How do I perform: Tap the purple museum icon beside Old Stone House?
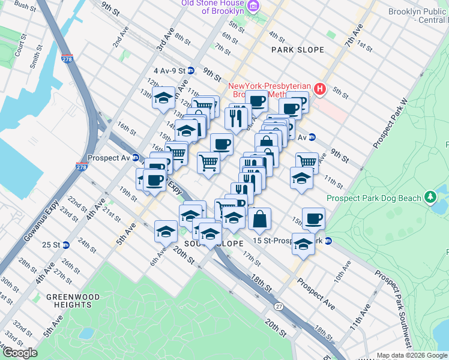(x=253, y=6)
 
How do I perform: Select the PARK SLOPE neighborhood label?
(x=297, y=49)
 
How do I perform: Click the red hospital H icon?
(x=319, y=89)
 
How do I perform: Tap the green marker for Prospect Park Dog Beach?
(x=430, y=197)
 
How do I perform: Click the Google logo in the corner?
(x=20, y=353)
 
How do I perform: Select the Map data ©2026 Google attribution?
(x=411, y=355)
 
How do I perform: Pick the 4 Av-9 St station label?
(x=169, y=70)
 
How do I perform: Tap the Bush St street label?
(x=25, y=6)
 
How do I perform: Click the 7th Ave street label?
(x=355, y=37)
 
